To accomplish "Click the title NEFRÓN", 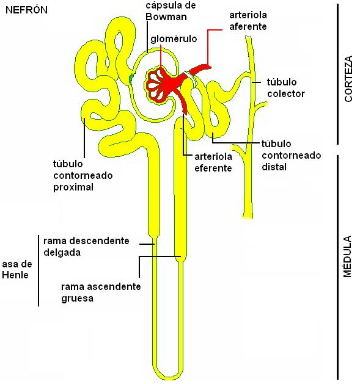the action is point(26,10).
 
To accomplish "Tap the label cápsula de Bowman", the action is point(171,11).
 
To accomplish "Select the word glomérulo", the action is point(174,38).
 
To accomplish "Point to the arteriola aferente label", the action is point(248,21).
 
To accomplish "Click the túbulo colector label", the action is point(285,88).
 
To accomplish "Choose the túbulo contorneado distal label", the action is point(292,155).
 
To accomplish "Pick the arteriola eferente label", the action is point(213,162).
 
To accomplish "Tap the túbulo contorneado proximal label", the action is point(83,175).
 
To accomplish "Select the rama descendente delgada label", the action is point(86,247).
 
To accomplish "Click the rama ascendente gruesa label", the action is point(101,292).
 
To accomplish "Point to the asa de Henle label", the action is point(17,269).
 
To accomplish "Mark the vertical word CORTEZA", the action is point(348,79).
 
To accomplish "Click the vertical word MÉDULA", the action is point(348,256).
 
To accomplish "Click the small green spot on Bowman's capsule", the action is point(131,78).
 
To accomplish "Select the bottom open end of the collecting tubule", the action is point(248,217).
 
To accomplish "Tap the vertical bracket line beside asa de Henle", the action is point(39,270).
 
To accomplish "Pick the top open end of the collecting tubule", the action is point(248,37).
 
